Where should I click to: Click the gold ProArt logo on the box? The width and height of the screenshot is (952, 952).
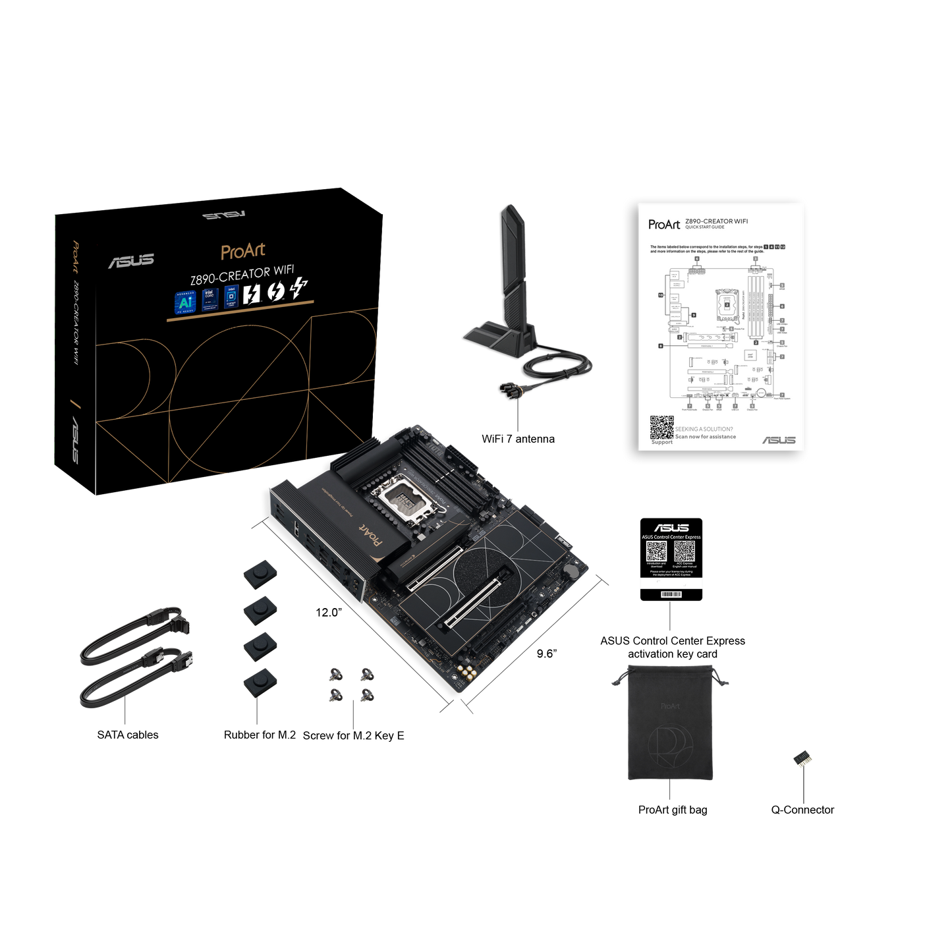[243, 251]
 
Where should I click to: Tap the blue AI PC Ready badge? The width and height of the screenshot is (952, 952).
[185, 300]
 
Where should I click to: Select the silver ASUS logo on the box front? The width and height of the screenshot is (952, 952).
[131, 261]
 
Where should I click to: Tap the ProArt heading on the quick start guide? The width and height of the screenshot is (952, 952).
[663, 225]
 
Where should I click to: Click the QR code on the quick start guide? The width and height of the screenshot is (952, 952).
[661, 427]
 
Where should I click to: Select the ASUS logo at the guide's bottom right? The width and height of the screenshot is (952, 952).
[779, 439]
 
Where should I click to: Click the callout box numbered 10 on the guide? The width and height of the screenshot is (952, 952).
[661, 295]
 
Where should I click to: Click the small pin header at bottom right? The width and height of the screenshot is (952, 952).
[802, 759]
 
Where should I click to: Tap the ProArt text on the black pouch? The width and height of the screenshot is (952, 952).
[669, 706]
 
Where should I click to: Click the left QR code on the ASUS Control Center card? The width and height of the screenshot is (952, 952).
[656, 552]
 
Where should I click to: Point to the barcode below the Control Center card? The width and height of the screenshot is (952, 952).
[671, 594]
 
